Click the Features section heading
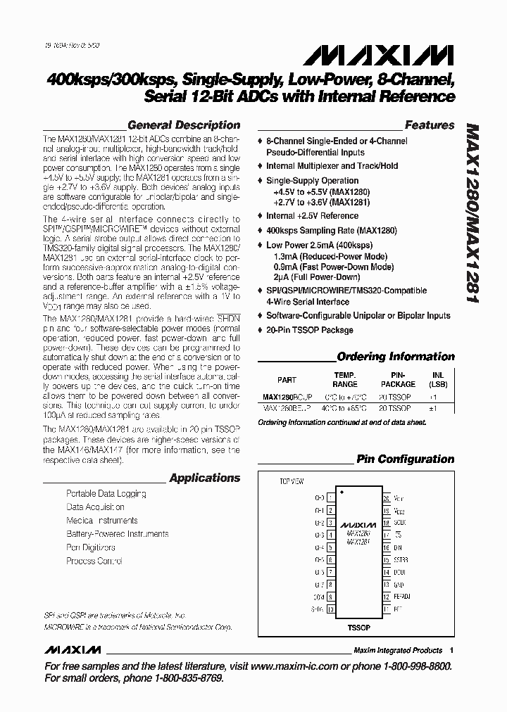click(429, 125)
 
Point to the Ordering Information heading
click(396, 357)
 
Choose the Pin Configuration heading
click(405, 459)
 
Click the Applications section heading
click(205, 478)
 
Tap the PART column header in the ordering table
click(287, 380)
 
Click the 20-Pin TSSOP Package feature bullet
click(309, 330)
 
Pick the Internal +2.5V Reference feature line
click(312, 216)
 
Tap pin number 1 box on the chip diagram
click(330, 497)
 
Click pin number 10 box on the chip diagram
click(330, 611)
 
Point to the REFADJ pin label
click(402, 597)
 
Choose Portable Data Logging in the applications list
click(106, 494)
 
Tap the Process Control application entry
click(94, 561)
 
